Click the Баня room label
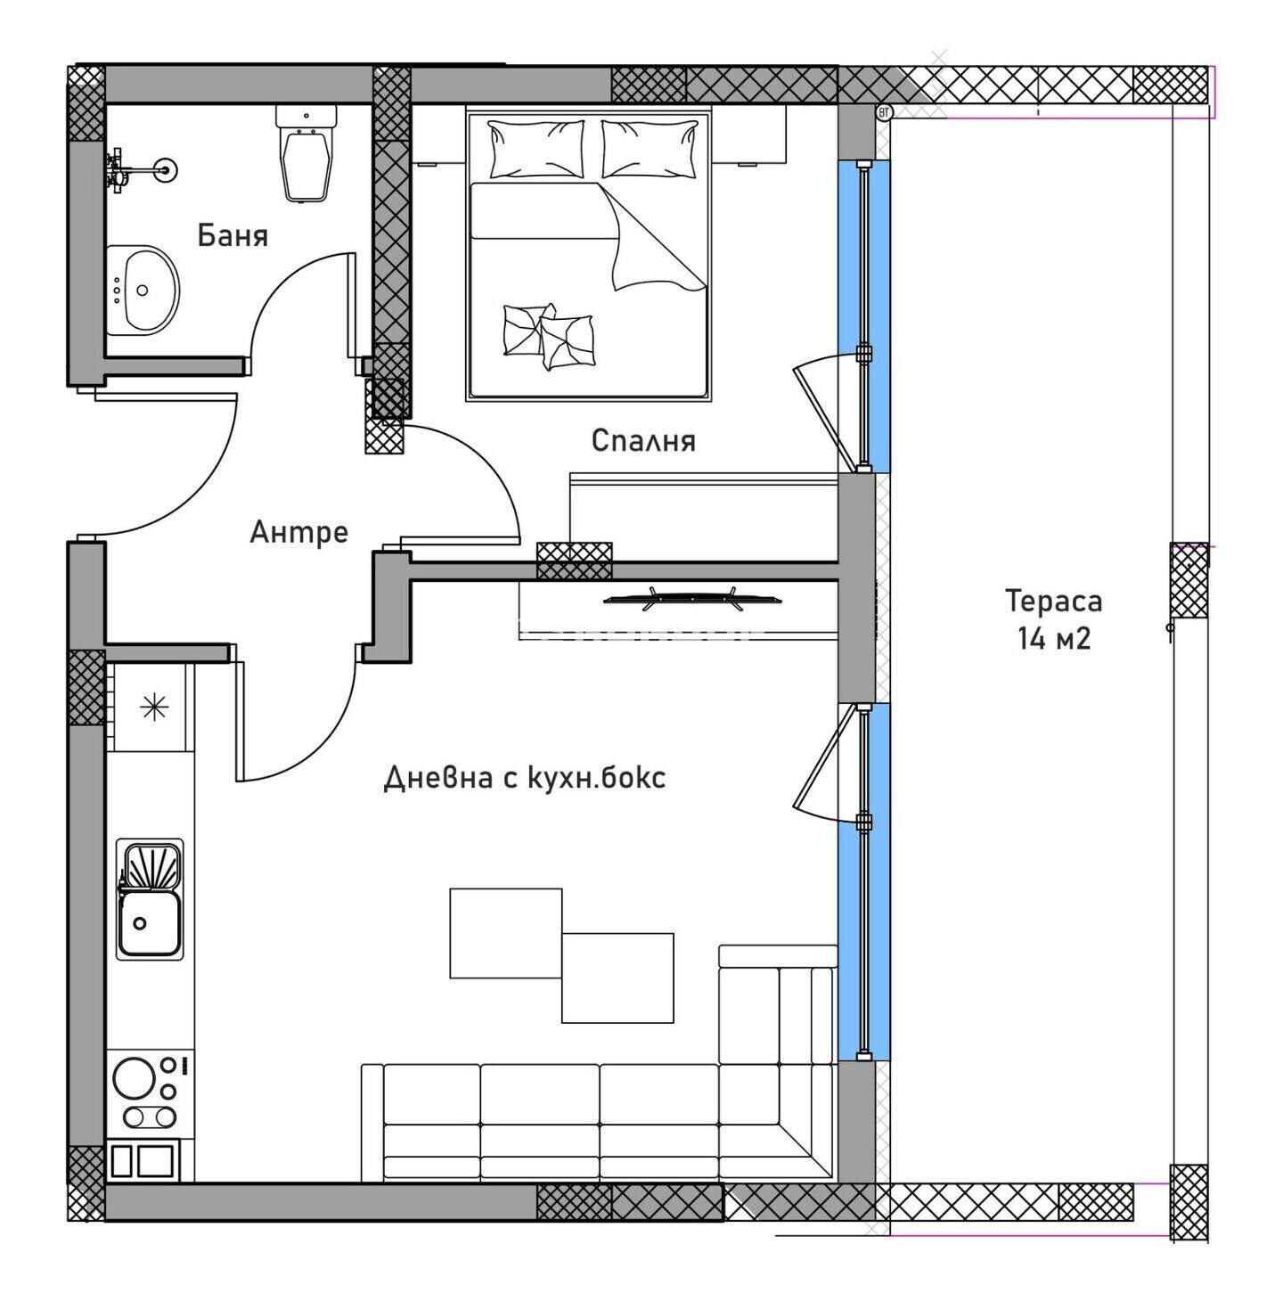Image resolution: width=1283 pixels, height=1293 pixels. pos(233,235)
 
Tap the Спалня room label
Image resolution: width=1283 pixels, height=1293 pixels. pos(643,441)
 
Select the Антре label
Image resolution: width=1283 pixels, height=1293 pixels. pos(298,532)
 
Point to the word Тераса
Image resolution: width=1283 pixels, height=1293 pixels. pos(1053,601)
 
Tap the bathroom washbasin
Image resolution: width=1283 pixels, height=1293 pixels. pos(143,290)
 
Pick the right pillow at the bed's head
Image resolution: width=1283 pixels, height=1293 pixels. pos(650,149)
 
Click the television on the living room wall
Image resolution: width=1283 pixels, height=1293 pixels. pos(692,599)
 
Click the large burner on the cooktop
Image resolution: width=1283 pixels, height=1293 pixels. pos(134,1078)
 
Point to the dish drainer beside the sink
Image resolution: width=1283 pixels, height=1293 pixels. pos(150,864)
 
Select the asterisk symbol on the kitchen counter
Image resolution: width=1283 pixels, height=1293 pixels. pos(153,708)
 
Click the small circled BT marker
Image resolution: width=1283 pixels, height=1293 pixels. pos(884,112)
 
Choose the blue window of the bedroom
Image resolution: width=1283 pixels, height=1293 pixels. pos(864,315)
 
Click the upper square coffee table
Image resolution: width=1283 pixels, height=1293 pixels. pos(506,933)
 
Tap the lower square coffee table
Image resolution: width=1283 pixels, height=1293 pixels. pos(617,978)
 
